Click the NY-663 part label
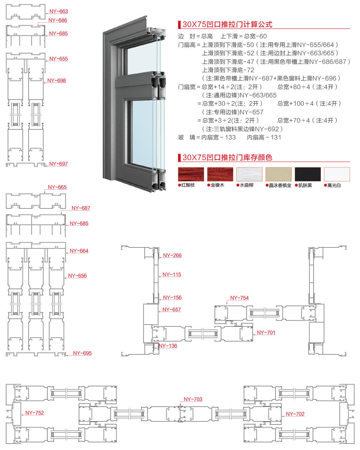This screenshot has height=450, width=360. point(58,11)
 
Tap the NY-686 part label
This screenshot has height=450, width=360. point(57,20)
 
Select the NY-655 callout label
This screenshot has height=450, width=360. point(58,59)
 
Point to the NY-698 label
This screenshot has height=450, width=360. point(57,81)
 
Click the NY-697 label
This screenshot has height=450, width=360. point(58,164)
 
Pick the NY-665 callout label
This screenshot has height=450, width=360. point(57,187)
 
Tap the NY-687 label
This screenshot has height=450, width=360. point(81,208)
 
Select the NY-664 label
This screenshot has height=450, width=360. point(79,251)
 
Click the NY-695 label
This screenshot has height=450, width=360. point(82,353)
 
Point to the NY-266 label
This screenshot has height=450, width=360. point(172,255)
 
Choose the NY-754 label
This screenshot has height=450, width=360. point(239,298)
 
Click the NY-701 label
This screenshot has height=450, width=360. point(266,333)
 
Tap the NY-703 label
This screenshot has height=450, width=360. point(193,399)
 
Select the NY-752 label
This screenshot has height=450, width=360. point(34,413)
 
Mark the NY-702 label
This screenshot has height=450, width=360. point(295,414)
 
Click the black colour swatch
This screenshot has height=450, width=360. point(307,174)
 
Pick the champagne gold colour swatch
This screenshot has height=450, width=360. point(278,174)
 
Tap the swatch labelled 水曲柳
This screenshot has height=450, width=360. point(249,174)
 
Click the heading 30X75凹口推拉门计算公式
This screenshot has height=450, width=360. point(227,24)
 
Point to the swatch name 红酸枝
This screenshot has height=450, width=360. point(188,185)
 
